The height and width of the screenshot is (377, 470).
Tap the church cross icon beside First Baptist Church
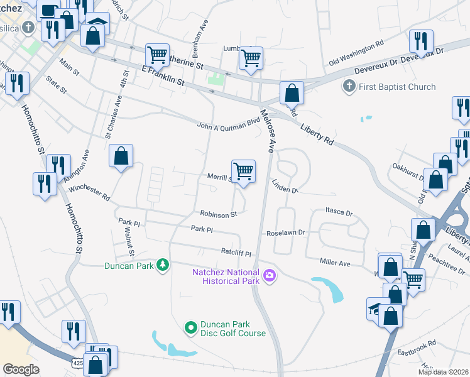(x=349, y=86)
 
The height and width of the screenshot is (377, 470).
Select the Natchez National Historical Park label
(x=226, y=276)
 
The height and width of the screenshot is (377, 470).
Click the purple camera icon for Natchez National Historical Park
(x=270, y=275)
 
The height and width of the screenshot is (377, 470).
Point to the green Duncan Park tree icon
(x=163, y=265)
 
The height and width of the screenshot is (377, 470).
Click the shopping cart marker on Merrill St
(x=243, y=170)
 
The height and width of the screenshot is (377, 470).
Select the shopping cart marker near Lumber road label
(x=251, y=58)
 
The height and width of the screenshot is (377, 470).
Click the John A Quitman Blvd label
(x=228, y=124)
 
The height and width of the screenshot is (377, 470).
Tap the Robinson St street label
(x=219, y=214)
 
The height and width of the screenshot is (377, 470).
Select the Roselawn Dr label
(x=285, y=232)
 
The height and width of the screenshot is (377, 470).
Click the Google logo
(x=21, y=369)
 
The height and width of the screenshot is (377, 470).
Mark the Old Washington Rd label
(x=356, y=53)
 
